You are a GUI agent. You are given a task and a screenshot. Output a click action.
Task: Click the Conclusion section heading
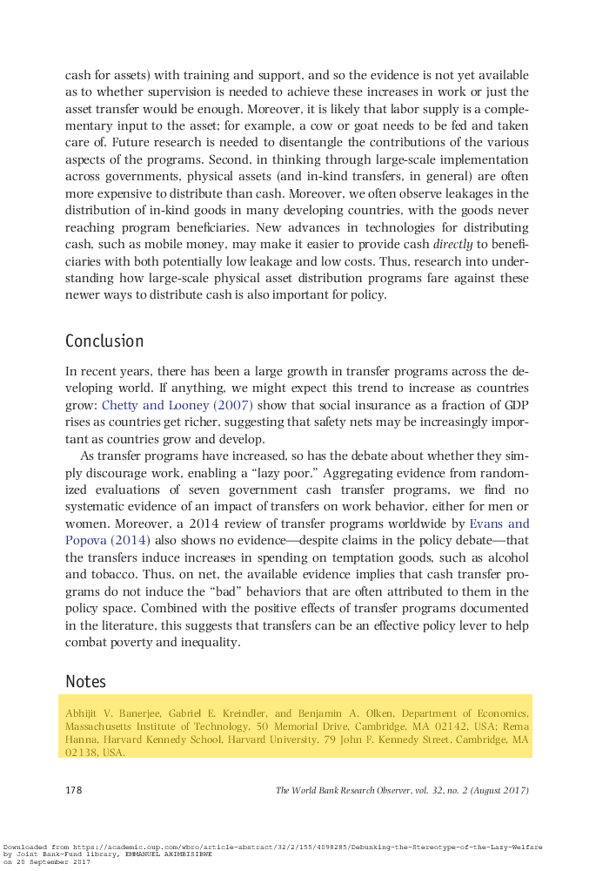tap(104, 341)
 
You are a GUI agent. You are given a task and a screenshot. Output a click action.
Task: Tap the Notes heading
tap(86, 681)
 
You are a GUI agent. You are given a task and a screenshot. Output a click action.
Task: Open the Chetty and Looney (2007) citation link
tap(177, 405)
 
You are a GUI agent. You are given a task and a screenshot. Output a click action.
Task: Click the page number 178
tap(74, 790)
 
